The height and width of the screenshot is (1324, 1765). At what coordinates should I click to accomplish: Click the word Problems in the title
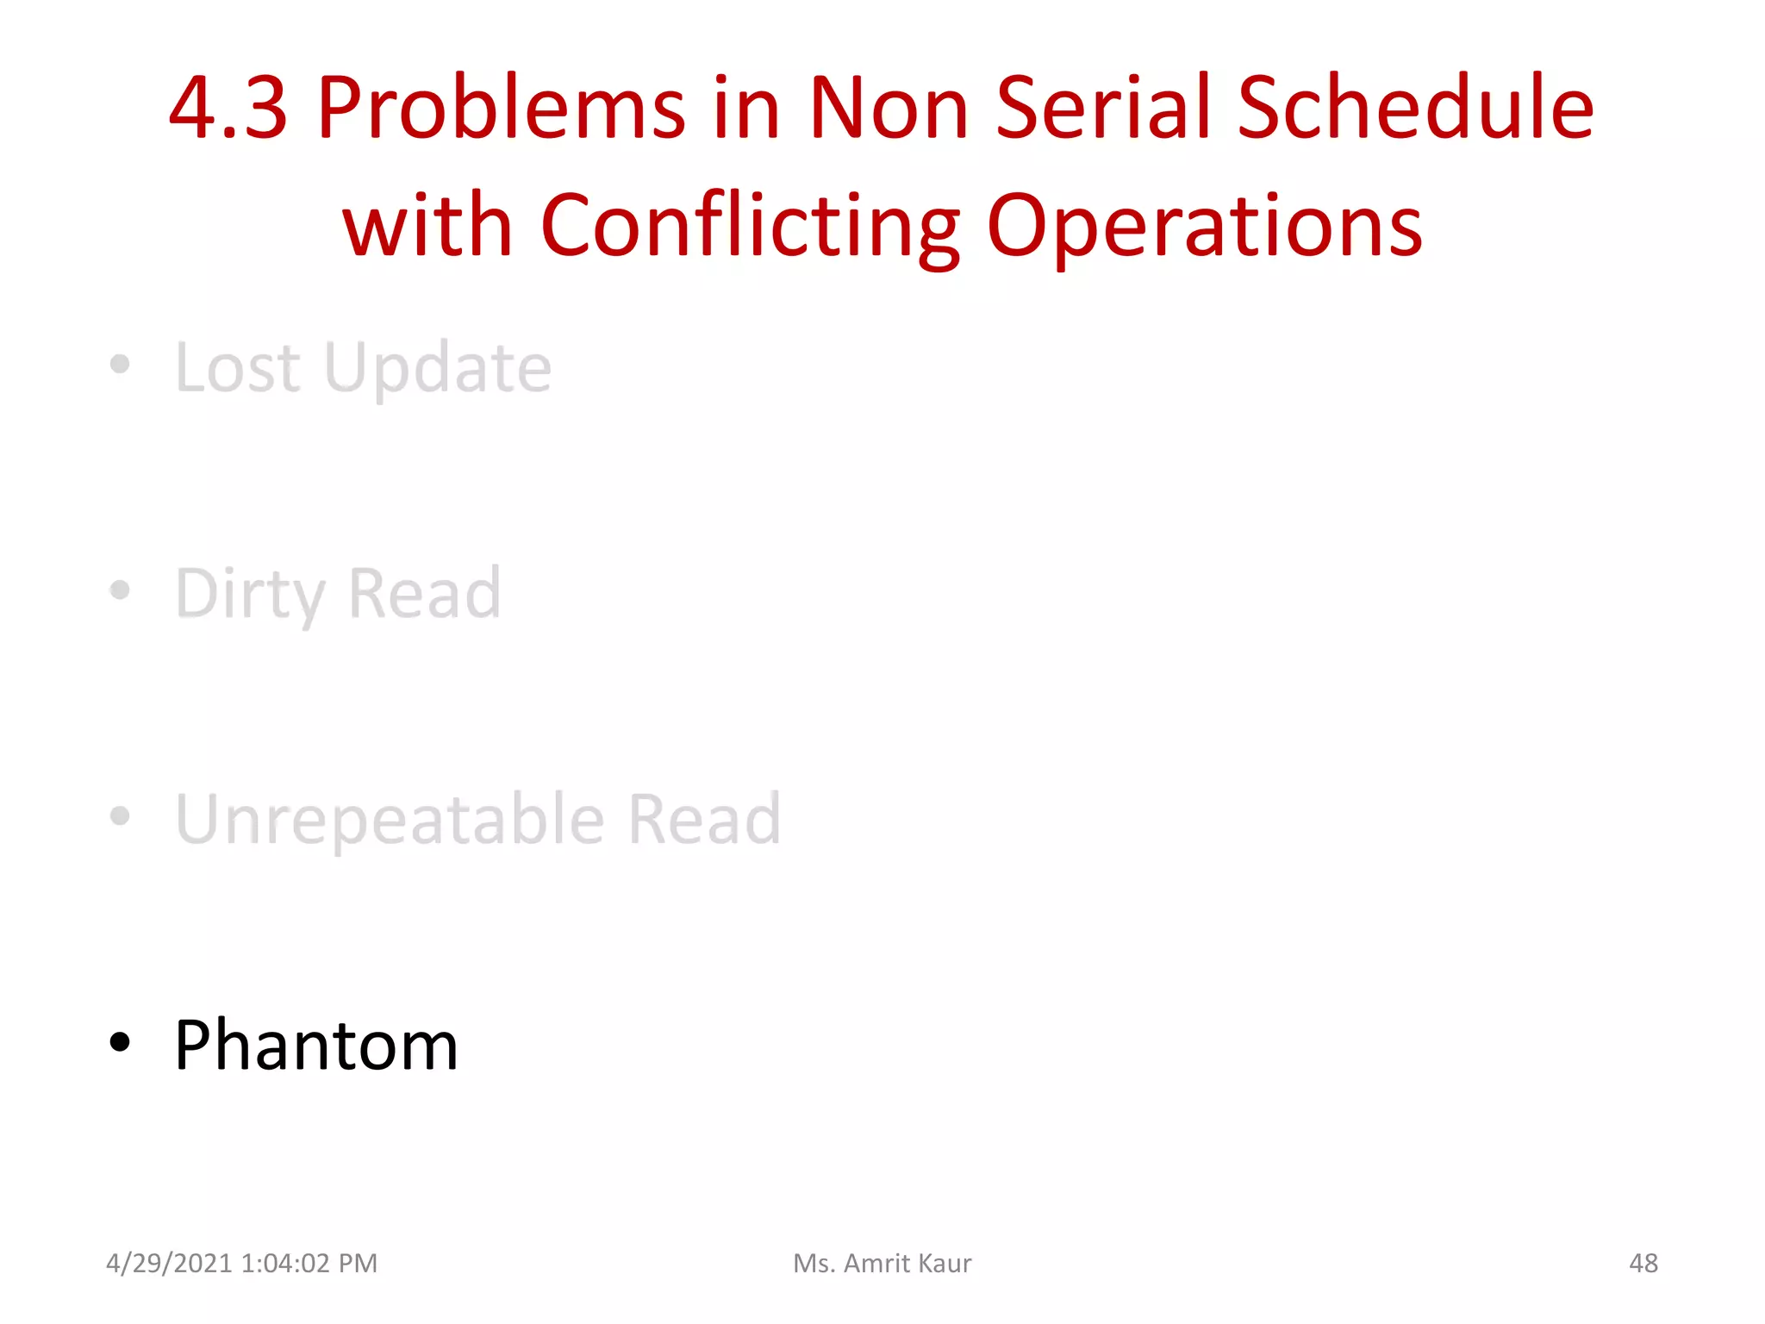[x=502, y=109]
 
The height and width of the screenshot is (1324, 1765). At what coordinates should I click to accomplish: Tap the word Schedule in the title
[x=1415, y=109]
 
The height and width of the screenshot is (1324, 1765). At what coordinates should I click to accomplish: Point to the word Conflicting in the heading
[x=750, y=227]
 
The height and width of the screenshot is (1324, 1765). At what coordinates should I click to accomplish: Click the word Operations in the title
[x=1204, y=227]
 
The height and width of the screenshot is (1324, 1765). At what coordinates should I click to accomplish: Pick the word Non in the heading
[x=888, y=109]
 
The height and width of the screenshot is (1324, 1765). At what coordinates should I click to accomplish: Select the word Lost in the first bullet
[x=238, y=368]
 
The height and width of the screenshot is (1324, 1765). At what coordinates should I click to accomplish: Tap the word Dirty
[x=250, y=595]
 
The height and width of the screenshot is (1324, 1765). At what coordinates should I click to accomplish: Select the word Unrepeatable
[x=390, y=821]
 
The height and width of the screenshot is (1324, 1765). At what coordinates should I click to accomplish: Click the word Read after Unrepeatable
[x=704, y=819]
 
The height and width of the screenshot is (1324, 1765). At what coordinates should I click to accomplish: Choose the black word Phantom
[x=315, y=1046]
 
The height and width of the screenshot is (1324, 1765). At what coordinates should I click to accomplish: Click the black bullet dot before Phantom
[x=120, y=1042]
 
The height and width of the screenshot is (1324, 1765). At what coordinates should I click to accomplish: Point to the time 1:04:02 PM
[x=309, y=1264]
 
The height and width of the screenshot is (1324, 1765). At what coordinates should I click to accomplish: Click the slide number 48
[x=1643, y=1264]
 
